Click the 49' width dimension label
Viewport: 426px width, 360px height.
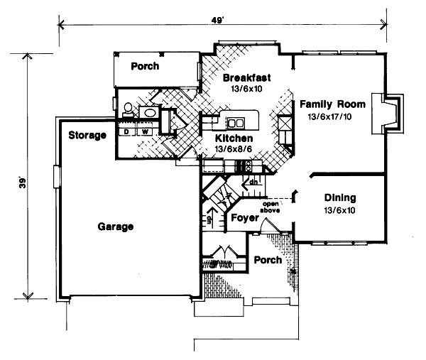[x=223, y=20]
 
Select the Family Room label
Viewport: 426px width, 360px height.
[x=331, y=103]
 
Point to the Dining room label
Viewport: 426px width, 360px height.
[x=339, y=198]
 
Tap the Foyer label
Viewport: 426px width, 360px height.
[x=244, y=218]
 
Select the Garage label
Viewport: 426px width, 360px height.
[x=116, y=227]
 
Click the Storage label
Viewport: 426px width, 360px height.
[x=87, y=135]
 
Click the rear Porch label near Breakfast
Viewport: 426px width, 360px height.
[x=145, y=67]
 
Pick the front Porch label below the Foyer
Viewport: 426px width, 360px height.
[x=268, y=261]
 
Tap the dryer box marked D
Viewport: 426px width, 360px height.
[x=126, y=131]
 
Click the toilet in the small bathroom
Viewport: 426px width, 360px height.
[x=129, y=111]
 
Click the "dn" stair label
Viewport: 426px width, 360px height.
[x=252, y=182]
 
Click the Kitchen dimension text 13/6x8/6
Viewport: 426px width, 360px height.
[x=232, y=150]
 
